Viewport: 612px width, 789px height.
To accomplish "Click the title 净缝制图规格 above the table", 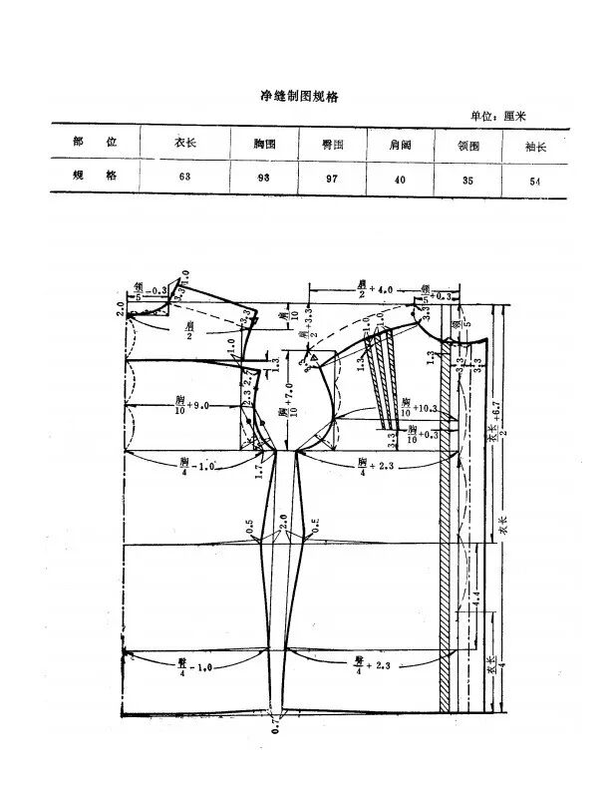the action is [300, 98].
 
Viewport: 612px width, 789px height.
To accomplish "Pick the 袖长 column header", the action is [536, 146].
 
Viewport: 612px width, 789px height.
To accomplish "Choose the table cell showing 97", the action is [333, 180].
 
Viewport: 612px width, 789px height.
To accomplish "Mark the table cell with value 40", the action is [401, 180].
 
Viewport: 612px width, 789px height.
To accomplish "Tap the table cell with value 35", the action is [467, 181].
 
